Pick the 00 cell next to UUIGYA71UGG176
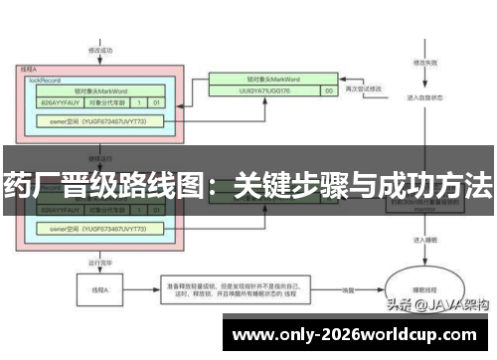(x=328, y=90)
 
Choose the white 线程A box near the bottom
(x=99, y=290)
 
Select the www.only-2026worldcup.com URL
(x=361, y=333)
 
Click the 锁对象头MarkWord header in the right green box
(x=269, y=76)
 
